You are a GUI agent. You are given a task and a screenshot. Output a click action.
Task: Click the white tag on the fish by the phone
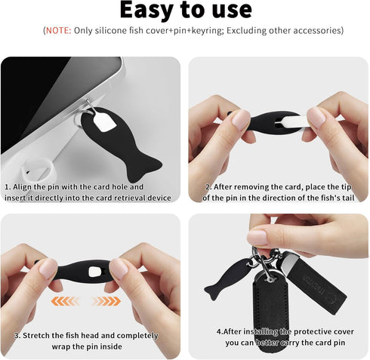(103, 118)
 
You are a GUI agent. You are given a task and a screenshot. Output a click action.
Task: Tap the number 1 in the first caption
(7, 186)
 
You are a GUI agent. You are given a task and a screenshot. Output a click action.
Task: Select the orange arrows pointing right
(106, 300)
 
